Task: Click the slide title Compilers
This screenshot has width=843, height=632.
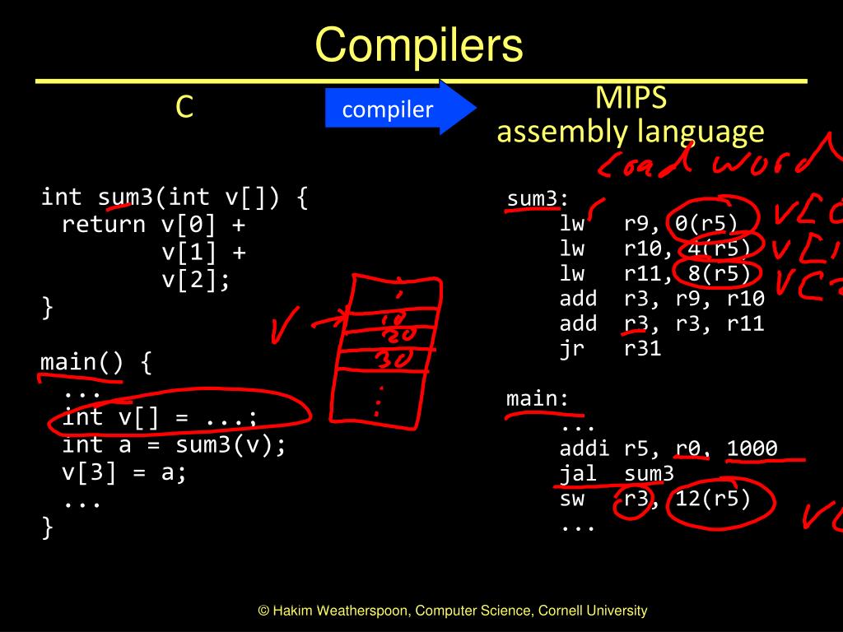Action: (419, 46)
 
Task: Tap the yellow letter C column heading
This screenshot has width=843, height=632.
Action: (184, 107)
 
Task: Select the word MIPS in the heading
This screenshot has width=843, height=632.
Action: (631, 98)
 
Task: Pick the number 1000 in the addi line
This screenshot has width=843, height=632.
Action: (752, 448)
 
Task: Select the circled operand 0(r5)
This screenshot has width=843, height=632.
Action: (706, 223)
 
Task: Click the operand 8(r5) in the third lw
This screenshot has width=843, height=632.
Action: (713, 273)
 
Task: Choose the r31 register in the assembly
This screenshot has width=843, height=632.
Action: (643, 348)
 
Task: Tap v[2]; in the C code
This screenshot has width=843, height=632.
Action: (196, 280)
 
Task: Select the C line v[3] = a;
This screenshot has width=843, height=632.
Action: (124, 473)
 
